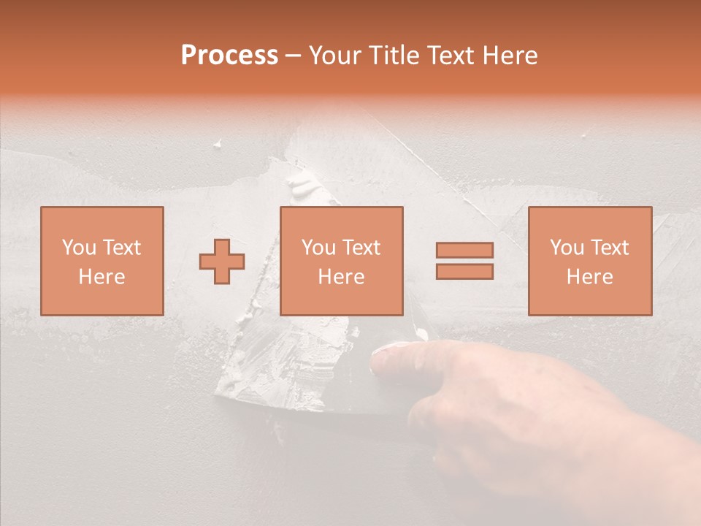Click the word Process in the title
pyautogui.click(x=229, y=56)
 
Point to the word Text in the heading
pyautogui.click(x=452, y=56)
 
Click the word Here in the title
pyautogui.click(x=510, y=56)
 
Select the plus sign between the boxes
pyautogui.click(x=222, y=261)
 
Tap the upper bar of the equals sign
pyautogui.click(x=464, y=250)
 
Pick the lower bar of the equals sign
pyautogui.click(x=464, y=272)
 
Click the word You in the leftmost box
pyautogui.click(x=79, y=248)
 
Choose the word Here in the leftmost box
pyautogui.click(x=101, y=277)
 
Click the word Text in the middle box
pyautogui.click(x=361, y=248)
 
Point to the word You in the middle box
pyautogui.click(x=318, y=248)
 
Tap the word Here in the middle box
pyautogui.click(x=341, y=277)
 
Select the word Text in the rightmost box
pyautogui.click(x=610, y=248)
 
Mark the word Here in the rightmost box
pyautogui.click(x=589, y=277)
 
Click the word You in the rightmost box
pyautogui.click(x=567, y=248)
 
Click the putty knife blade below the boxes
pyautogui.click(x=292, y=365)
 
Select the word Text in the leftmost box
pyautogui.click(x=122, y=248)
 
